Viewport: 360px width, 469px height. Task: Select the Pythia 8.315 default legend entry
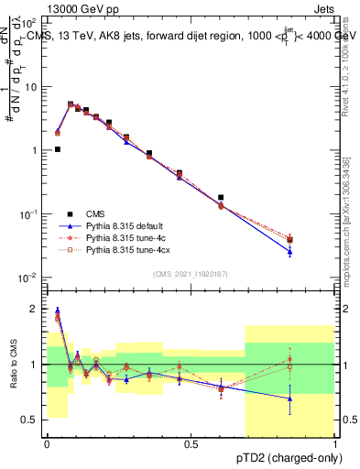tap(129, 225)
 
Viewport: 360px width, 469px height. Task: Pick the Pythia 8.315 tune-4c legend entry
tap(128, 237)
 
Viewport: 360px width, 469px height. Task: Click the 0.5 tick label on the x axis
tap(191, 444)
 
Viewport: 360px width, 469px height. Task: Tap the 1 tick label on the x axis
tap(335, 444)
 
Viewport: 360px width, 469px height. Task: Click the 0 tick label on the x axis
tap(47, 444)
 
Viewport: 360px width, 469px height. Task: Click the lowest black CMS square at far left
tap(58, 149)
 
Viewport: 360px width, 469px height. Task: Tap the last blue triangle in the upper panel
tap(290, 251)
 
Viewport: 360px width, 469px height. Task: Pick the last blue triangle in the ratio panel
tap(290, 398)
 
